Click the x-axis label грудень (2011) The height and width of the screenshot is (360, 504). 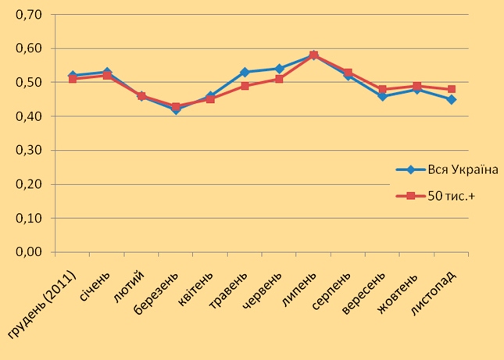pyautogui.click(x=43, y=305)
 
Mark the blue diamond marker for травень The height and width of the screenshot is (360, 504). pyautogui.click(x=245, y=73)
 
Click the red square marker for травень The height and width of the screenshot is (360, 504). pyautogui.click(x=245, y=86)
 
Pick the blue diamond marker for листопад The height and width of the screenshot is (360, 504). pyautogui.click(x=452, y=99)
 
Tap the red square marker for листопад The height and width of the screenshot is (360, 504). pyautogui.click(x=452, y=89)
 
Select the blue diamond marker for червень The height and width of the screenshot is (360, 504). pyautogui.click(x=279, y=69)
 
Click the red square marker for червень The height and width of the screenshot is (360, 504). pyautogui.click(x=279, y=79)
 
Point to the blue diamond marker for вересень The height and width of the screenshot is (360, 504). pyautogui.click(x=382, y=96)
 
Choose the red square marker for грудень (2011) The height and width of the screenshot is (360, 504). pyautogui.click(x=73, y=79)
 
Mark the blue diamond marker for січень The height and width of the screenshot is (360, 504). pyautogui.click(x=107, y=73)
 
